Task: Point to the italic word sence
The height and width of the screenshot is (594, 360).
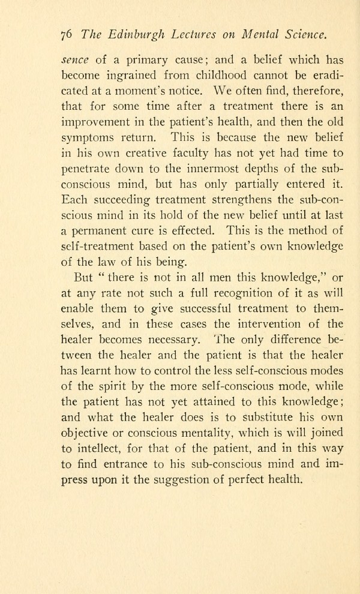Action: click(x=76, y=61)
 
